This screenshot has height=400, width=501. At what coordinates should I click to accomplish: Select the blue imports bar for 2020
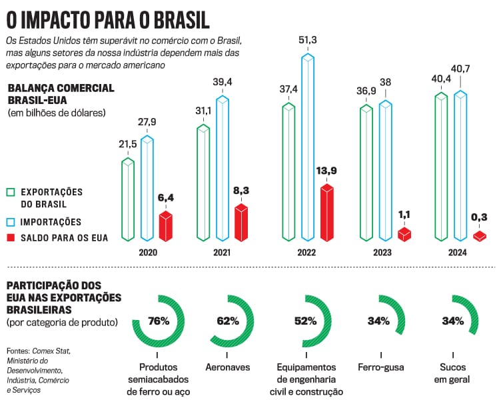click(147, 188)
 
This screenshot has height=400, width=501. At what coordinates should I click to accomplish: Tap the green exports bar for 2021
click(204, 182)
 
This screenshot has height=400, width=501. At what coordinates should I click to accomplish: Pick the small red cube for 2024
click(480, 235)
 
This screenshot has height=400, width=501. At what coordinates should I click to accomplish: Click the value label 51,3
click(308, 41)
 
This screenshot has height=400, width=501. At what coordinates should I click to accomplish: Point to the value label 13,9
click(326, 171)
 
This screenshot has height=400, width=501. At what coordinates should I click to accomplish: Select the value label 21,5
click(128, 145)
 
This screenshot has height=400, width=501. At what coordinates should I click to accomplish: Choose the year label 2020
click(148, 253)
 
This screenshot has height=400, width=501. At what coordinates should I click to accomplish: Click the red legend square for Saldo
click(10, 237)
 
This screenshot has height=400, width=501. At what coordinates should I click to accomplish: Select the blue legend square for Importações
click(10, 221)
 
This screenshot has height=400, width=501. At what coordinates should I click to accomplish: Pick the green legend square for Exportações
click(10, 191)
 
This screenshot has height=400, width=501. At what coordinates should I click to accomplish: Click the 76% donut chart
click(159, 321)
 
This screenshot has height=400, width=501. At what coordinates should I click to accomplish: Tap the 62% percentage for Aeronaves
click(228, 321)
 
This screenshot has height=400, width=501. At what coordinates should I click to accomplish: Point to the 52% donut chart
click(305, 321)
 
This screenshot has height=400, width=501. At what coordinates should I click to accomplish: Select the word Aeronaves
click(228, 367)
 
